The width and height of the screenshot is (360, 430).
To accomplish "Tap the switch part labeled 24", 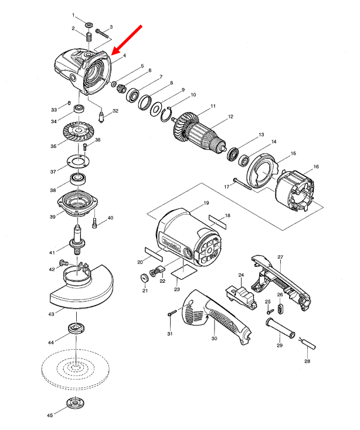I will [x=240, y=292].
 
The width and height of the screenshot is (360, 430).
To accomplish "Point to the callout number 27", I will [x=280, y=258].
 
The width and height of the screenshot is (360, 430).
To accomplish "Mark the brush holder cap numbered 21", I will [x=144, y=277].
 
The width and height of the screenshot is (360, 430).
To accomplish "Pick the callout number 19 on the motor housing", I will [x=206, y=203].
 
